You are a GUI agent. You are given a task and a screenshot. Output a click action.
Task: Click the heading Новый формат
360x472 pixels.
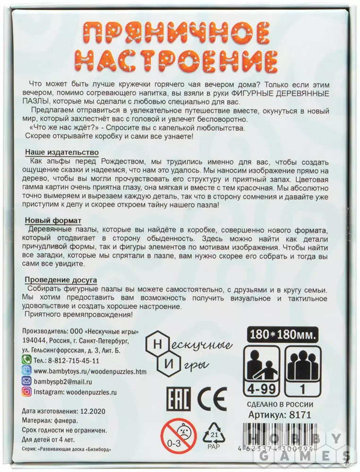[53, 220]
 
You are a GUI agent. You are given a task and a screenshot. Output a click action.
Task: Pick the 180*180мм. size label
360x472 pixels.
[282, 335]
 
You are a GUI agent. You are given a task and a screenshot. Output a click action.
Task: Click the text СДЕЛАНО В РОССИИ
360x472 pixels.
[280, 404]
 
